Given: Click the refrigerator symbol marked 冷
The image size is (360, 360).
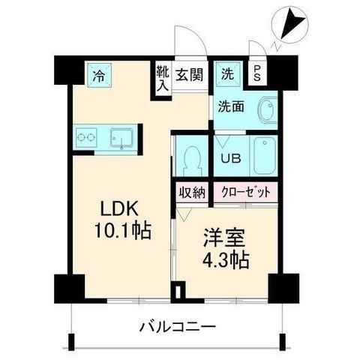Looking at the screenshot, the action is point(99,75).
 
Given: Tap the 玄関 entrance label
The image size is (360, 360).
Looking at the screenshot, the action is point(189,74).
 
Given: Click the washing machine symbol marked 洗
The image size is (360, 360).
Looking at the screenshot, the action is point(228,74).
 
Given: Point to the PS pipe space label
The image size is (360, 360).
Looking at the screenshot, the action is point(257,73).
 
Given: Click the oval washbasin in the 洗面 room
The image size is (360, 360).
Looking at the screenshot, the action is point(268,110).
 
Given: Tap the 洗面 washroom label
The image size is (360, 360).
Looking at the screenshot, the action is point(231,107).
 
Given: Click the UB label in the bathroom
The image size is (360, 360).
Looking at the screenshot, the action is point(231,158).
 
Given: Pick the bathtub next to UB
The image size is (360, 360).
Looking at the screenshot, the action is point(265,155).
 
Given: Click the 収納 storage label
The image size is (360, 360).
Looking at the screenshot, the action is point(192,192).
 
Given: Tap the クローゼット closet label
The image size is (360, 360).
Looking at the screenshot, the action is point(246,192).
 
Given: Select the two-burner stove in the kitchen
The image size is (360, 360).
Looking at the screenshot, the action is point(86,138).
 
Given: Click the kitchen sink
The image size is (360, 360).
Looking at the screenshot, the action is point(121,138).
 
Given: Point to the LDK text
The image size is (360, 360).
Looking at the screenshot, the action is point(119,209).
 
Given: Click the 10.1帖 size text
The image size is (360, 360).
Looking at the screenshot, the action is point(122,230).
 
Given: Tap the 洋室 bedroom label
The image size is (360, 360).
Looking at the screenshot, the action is point(223,238).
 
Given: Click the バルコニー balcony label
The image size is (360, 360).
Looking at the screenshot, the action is point(177,327).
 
